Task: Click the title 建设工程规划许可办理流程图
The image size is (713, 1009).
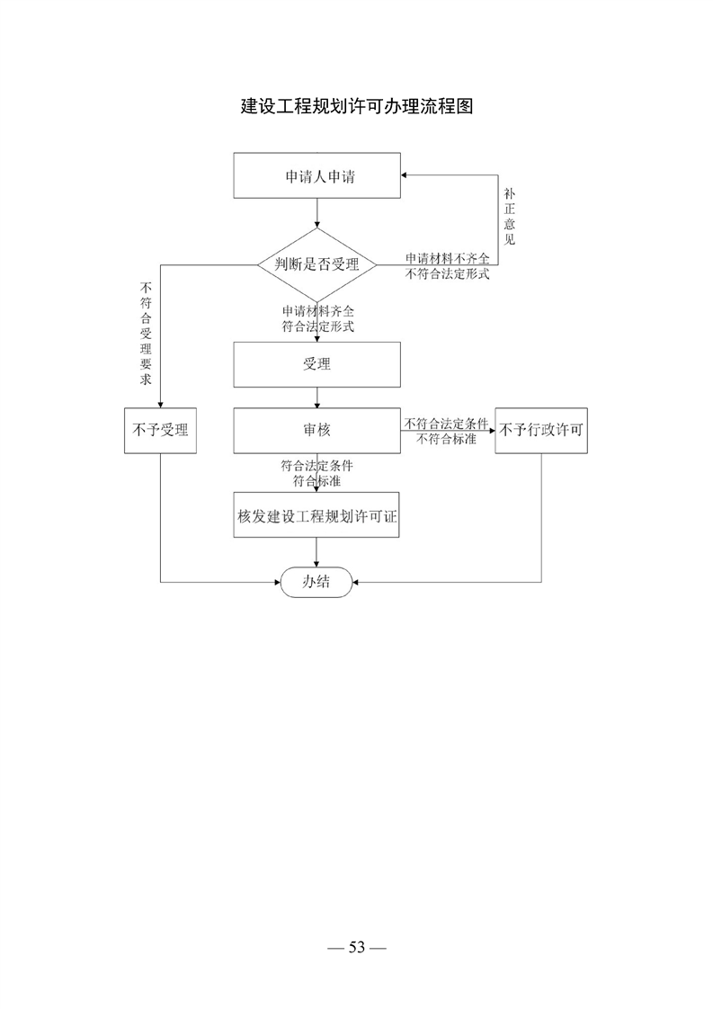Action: coord(357,106)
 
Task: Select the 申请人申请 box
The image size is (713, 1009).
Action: coord(316,175)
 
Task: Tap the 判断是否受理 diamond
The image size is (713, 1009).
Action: coord(316,264)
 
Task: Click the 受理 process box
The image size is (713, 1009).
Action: coord(316,364)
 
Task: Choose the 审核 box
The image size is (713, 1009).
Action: coord(316,430)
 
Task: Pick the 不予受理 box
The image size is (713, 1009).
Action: coord(160,430)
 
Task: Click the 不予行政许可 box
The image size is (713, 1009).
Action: coord(541,430)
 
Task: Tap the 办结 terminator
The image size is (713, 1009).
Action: coord(316,582)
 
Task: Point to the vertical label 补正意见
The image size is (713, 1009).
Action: coord(509,217)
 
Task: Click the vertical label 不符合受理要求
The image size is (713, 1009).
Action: coord(146,334)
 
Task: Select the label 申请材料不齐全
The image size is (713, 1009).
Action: coord(447,259)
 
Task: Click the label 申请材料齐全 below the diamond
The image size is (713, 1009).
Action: coord(318,311)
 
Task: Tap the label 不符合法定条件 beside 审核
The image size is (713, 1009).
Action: coord(446,424)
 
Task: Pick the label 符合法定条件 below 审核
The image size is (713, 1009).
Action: coord(316,465)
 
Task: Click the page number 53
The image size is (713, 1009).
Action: coord(357,947)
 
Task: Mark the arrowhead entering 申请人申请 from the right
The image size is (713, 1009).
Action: coord(404,175)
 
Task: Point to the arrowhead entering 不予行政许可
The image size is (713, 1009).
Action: coord(491,430)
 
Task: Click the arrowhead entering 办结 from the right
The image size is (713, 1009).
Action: coord(356,583)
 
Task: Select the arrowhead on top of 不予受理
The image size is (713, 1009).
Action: coord(160,404)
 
